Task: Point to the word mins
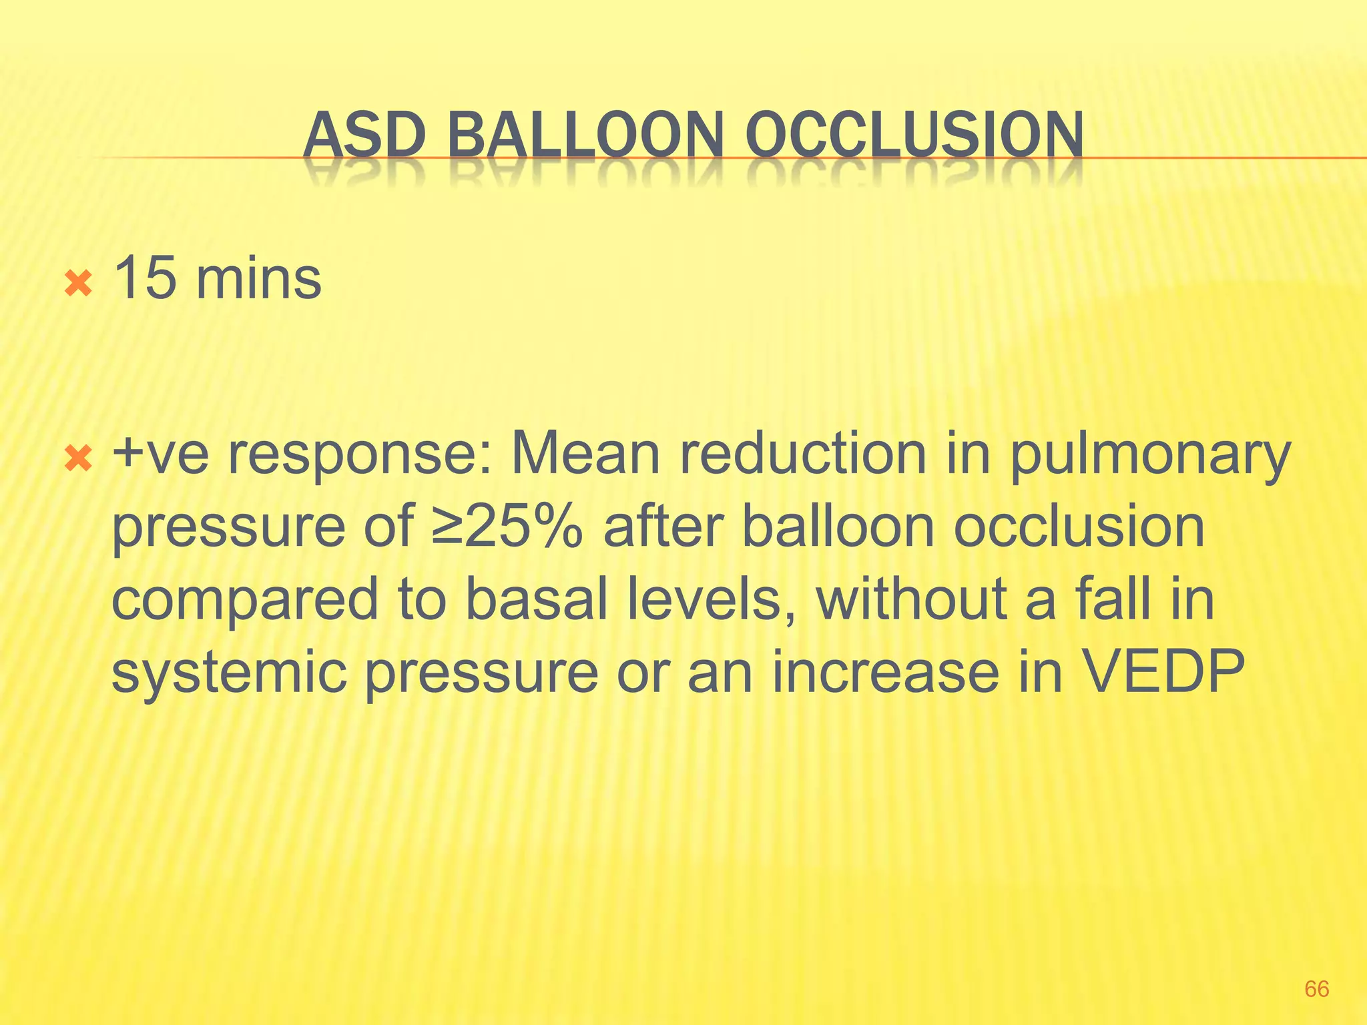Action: tap(258, 278)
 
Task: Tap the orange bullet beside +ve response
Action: tap(78, 458)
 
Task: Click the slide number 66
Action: tap(1316, 988)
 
